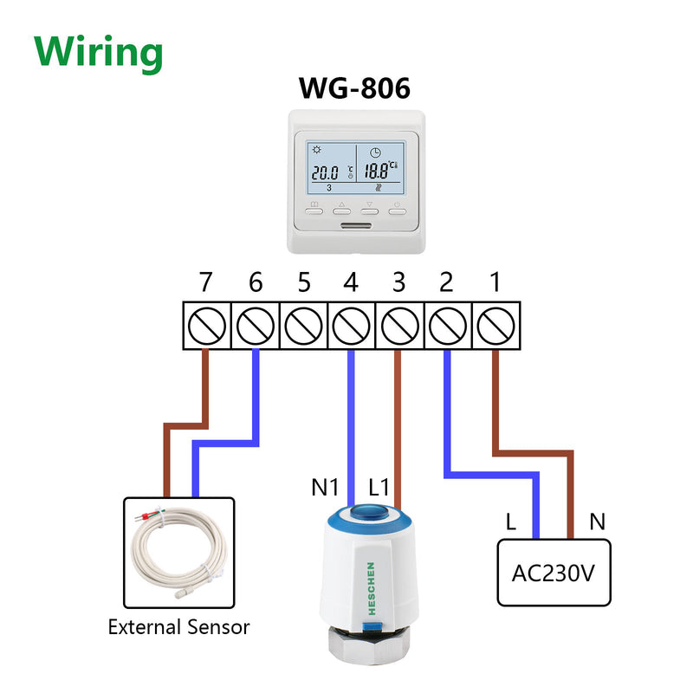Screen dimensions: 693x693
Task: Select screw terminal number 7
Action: click(x=205, y=325)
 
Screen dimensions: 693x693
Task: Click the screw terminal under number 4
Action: click(x=350, y=325)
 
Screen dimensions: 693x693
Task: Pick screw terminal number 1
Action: click(x=495, y=325)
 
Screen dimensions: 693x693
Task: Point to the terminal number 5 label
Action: click(x=303, y=282)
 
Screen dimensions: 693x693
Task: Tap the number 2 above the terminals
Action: click(x=446, y=282)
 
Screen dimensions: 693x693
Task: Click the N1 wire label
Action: click(x=325, y=488)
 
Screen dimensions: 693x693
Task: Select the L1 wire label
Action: click(x=382, y=488)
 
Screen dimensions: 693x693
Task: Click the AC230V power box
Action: click(x=554, y=573)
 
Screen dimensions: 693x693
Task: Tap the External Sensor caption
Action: click(x=178, y=626)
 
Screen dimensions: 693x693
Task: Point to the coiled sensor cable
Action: click(x=178, y=550)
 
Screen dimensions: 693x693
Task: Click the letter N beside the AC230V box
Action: click(x=597, y=521)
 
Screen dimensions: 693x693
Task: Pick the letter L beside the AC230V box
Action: click(x=511, y=521)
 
